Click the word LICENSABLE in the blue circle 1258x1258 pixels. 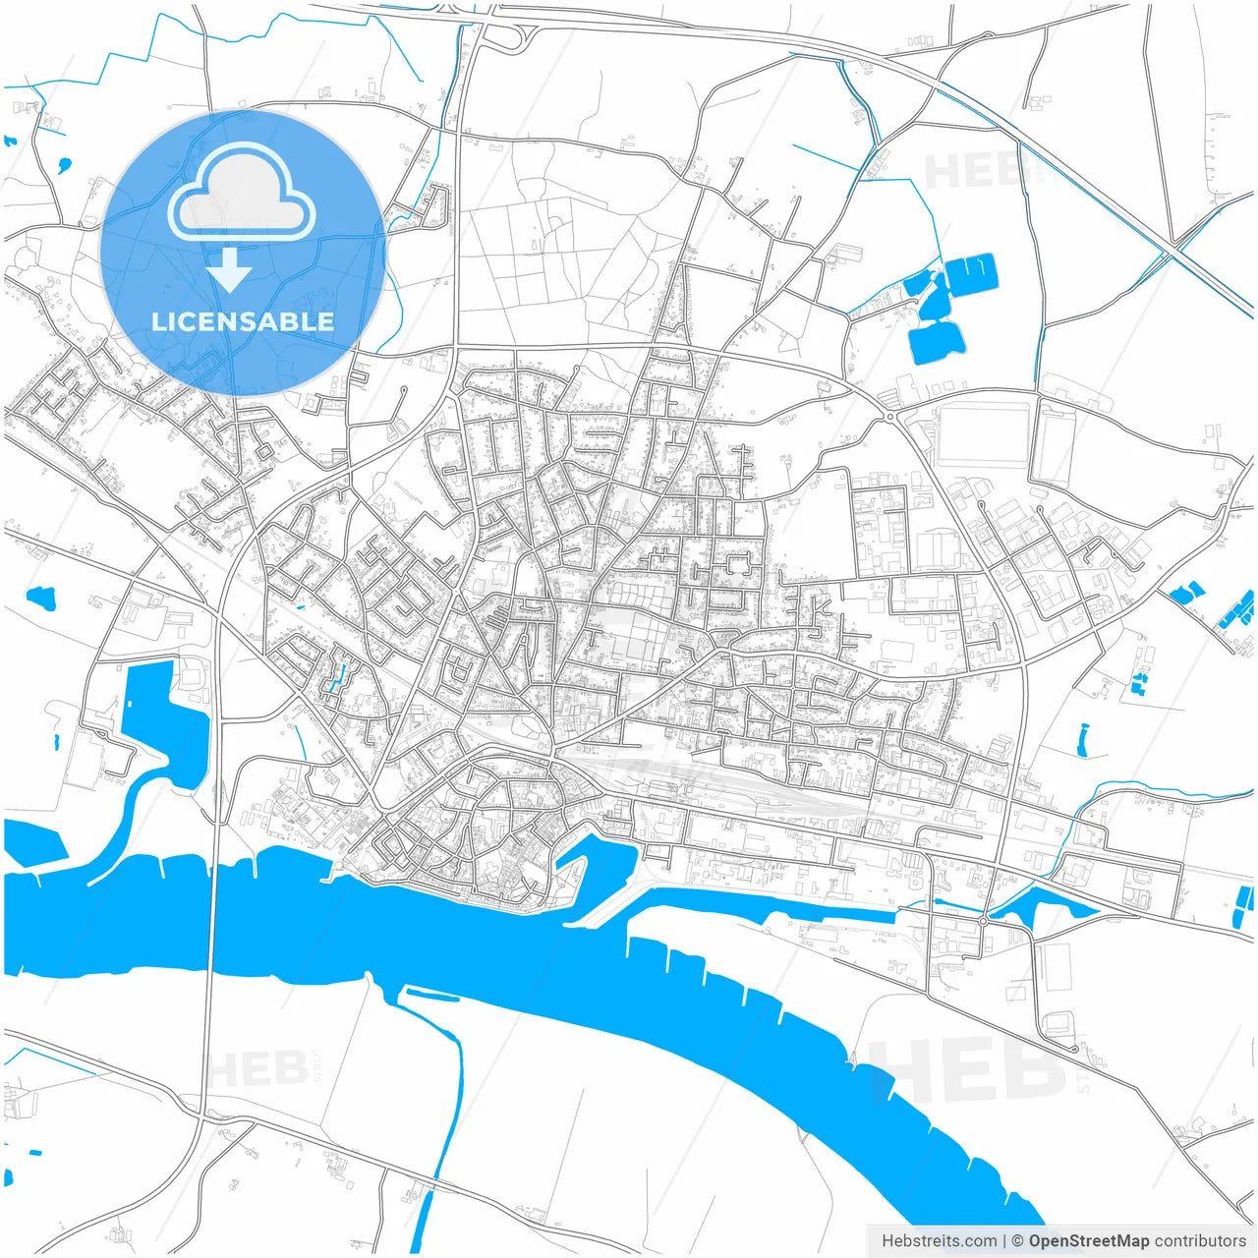coord(243,321)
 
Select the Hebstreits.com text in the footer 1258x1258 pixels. coord(940,1241)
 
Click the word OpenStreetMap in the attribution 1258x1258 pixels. coord(1088,1241)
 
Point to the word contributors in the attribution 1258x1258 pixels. coord(1200,1241)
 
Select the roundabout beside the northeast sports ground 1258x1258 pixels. coord(889,417)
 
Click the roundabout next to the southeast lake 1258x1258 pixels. coord(983,921)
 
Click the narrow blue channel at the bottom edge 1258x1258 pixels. coord(423,1219)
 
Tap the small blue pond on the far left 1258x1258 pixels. coord(41,596)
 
